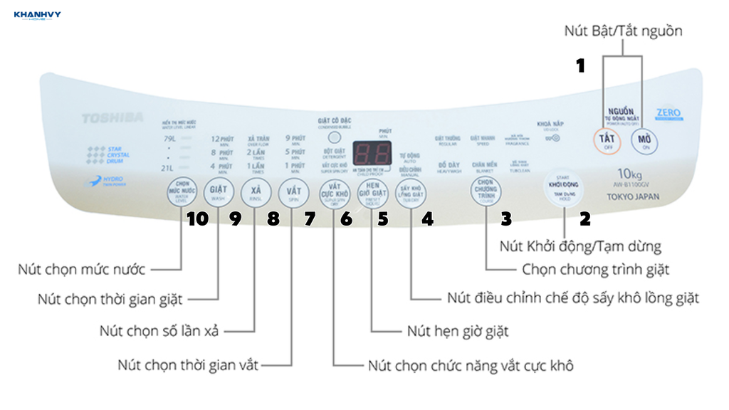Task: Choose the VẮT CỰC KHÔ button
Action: point(334,191)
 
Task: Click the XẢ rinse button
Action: point(256,191)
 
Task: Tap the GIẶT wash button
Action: point(218,191)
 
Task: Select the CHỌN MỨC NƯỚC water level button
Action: point(182,191)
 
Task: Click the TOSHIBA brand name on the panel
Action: point(112,117)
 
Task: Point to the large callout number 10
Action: point(197,220)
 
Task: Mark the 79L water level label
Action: point(169,138)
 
